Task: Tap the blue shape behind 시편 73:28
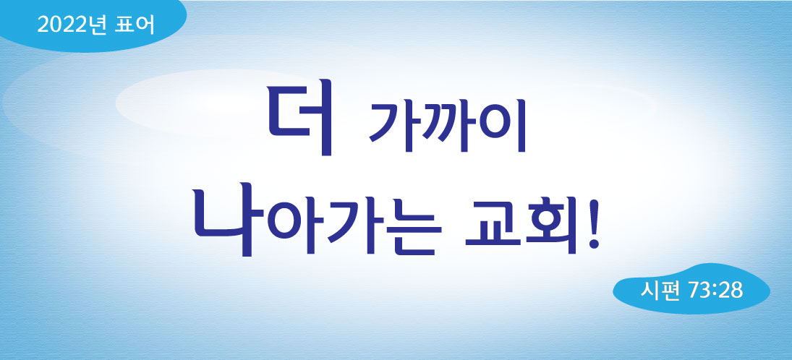click(691, 290)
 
